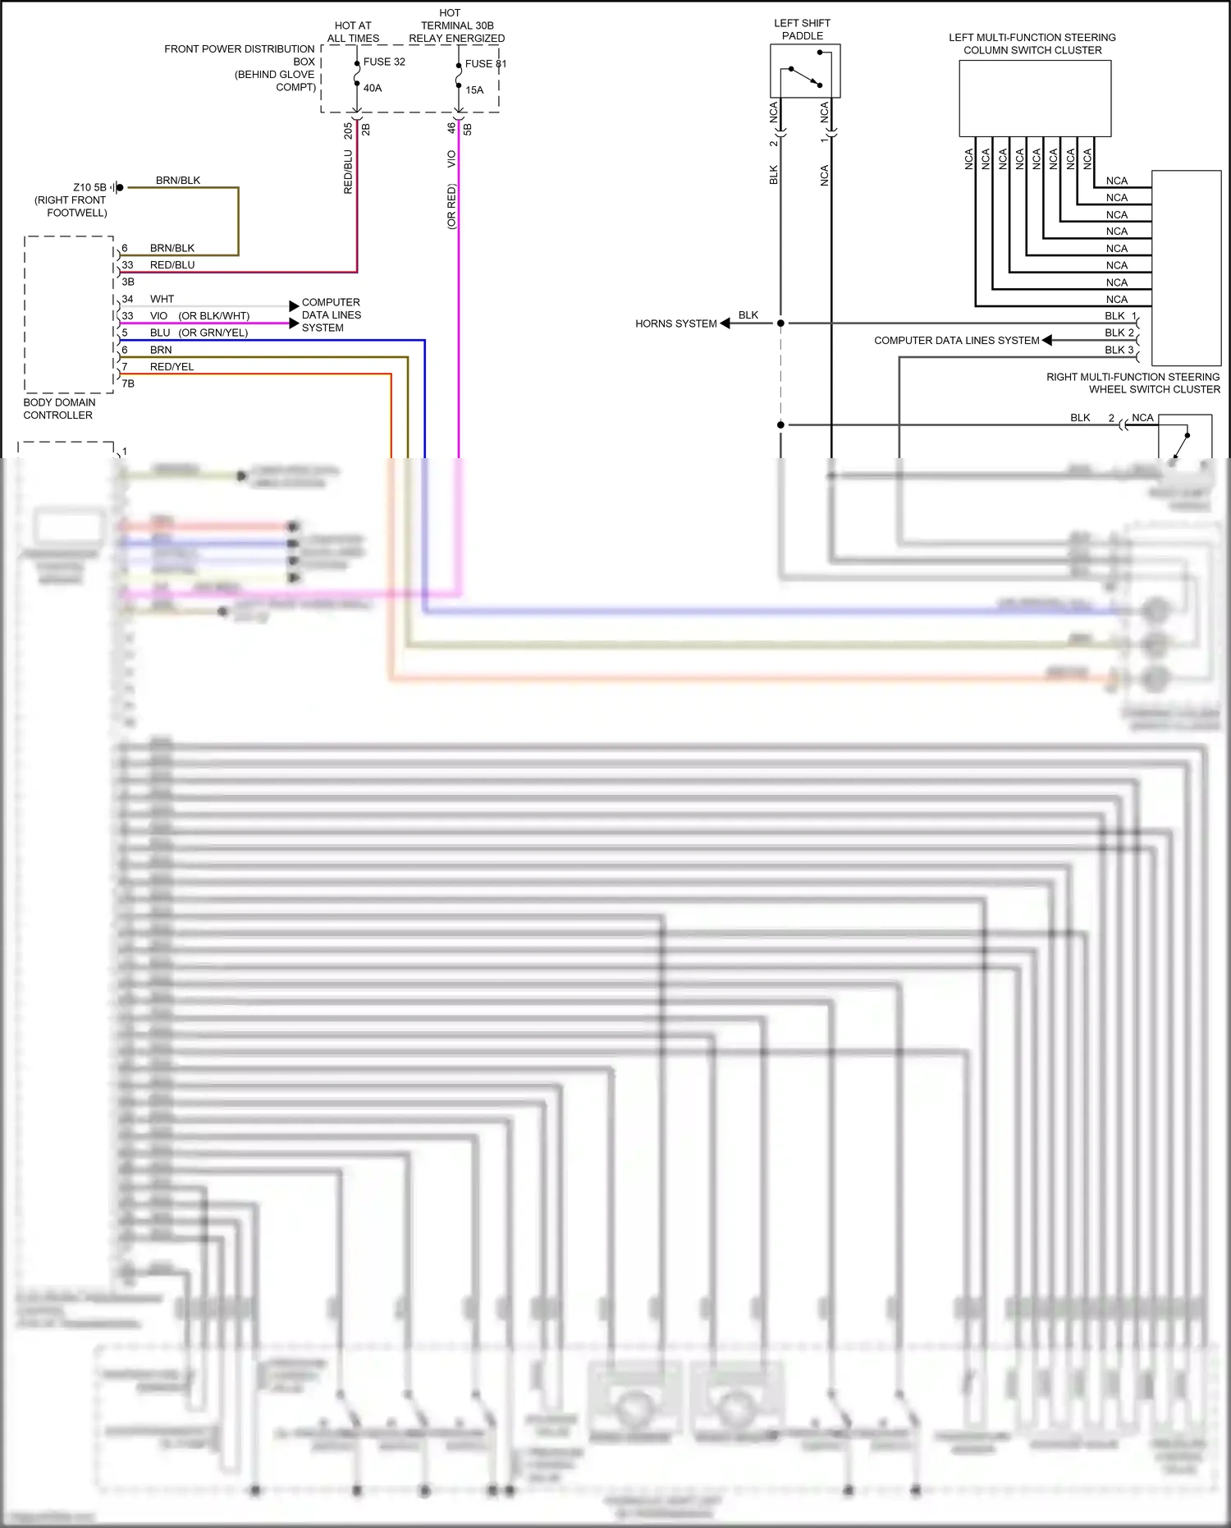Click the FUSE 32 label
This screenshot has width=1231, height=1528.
click(x=384, y=62)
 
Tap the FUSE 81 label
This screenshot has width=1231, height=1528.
click(x=485, y=63)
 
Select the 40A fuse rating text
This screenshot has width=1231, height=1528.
click(x=373, y=88)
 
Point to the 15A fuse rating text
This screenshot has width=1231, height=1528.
click(x=474, y=90)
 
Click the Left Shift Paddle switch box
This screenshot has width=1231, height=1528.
click(x=805, y=71)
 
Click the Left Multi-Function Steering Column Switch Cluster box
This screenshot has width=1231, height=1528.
click(x=1035, y=99)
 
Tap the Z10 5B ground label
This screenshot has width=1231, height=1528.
click(x=89, y=187)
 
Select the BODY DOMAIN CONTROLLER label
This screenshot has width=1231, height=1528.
click(x=59, y=409)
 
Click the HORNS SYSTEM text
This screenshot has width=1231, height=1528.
click(x=675, y=323)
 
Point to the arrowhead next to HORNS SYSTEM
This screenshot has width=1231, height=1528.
click(x=725, y=323)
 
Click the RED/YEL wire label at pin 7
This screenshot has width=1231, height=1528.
click(x=172, y=367)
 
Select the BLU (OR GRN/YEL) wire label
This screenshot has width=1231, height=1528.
click(x=199, y=333)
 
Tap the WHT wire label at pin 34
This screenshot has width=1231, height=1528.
click(x=162, y=299)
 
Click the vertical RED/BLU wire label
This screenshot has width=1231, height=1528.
click(x=348, y=172)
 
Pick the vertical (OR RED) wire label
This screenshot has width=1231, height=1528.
click(x=451, y=206)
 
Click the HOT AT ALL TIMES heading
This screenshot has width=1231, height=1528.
click(x=353, y=32)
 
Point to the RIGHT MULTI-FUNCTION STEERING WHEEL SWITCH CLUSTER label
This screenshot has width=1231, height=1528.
click(x=1133, y=383)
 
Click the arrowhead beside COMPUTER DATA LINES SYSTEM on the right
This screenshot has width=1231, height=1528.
click(x=1047, y=340)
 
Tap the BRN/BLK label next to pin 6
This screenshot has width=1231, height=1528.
click(x=172, y=248)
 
